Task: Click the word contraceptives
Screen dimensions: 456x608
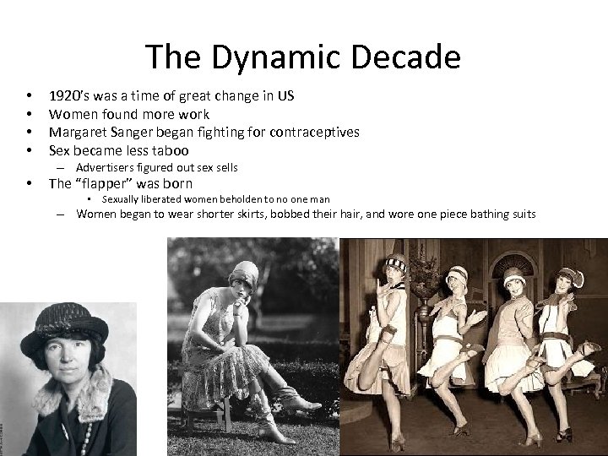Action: click(x=309, y=132)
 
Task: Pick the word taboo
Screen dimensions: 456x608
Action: click(x=169, y=150)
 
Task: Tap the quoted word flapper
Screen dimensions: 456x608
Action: click(x=110, y=183)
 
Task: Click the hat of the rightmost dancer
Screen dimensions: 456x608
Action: click(x=569, y=276)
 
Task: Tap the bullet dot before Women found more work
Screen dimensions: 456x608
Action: click(x=30, y=114)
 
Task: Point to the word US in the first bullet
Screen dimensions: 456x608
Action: click(x=285, y=95)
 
